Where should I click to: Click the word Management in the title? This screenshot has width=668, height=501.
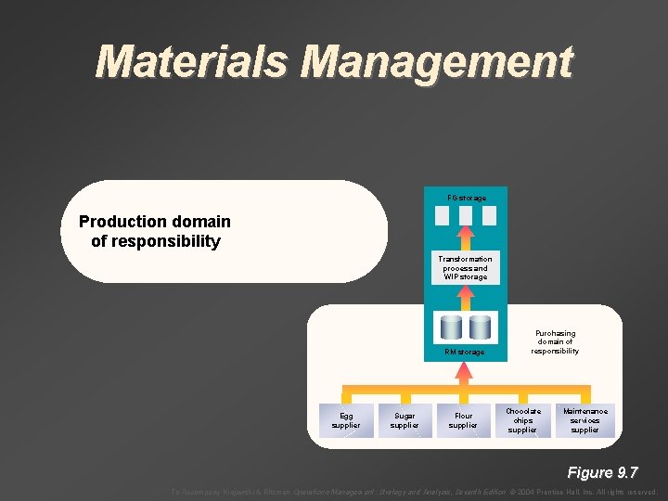click(438, 61)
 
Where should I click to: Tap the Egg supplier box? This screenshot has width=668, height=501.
click(346, 420)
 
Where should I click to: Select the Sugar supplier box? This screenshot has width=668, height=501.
click(405, 420)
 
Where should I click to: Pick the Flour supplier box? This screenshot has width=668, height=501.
click(463, 420)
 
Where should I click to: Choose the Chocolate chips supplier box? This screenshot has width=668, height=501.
click(522, 420)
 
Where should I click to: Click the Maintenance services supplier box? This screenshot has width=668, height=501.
click(584, 420)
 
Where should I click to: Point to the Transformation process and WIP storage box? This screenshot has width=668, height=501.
click(465, 267)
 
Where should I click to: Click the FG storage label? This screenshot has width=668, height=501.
click(466, 198)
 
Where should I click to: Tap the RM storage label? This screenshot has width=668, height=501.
click(464, 352)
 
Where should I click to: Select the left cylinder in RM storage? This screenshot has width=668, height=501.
click(451, 328)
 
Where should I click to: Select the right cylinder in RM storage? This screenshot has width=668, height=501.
click(480, 328)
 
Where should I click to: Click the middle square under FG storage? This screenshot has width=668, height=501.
click(466, 215)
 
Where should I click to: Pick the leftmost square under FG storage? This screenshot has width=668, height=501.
click(443, 215)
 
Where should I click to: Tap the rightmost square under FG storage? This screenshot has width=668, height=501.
click(489, 215)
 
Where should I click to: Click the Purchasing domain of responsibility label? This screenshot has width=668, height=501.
click(555, 341)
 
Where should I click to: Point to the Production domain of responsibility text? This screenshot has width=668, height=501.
click(155, 232)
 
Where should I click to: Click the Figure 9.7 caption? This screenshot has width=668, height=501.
click(602, 472)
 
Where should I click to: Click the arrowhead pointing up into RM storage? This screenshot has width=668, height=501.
click(465, 366)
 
